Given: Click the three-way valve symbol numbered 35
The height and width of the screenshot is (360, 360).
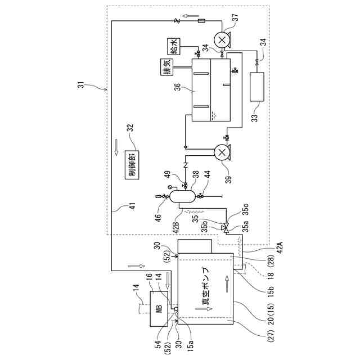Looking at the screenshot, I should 225,228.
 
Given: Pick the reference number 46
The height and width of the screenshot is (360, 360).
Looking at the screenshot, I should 159,215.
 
